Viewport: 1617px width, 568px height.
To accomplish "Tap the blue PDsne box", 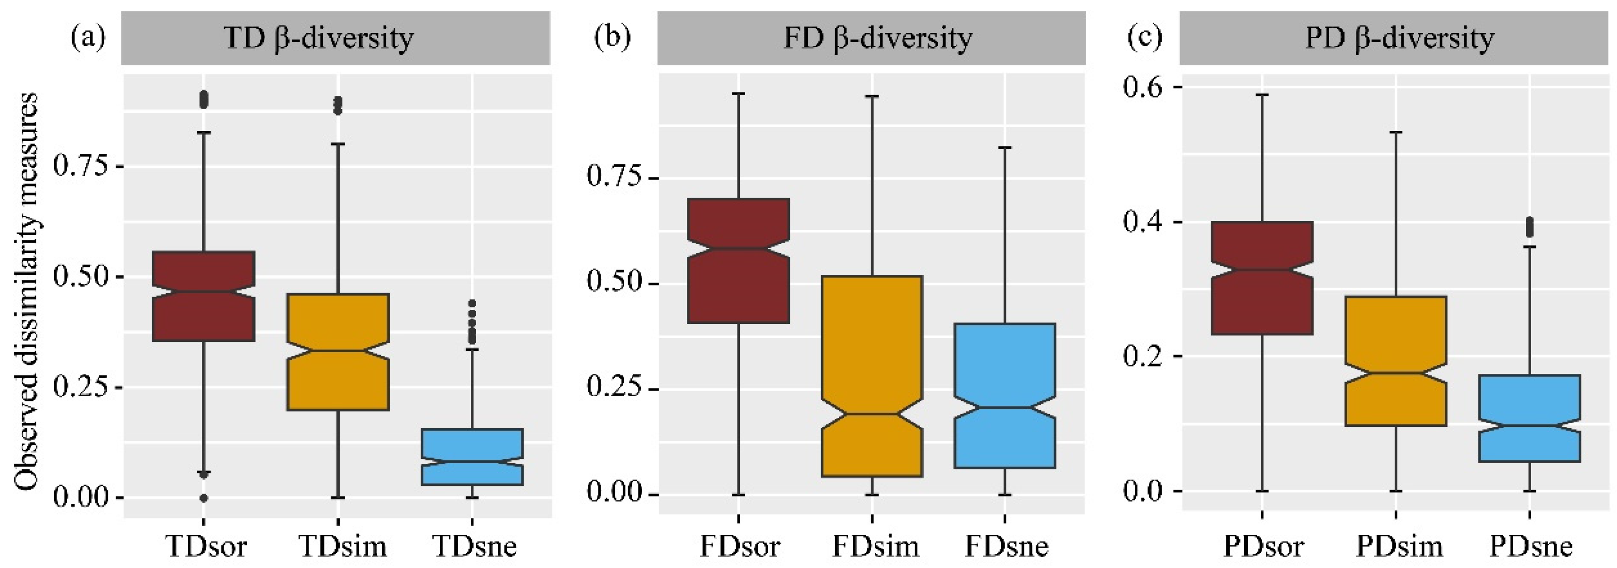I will [1529, 418].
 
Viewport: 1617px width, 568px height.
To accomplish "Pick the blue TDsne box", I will [472, 457].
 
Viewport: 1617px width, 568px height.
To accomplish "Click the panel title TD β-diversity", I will [319, 38].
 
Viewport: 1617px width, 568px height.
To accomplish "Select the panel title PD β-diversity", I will [1399, 38].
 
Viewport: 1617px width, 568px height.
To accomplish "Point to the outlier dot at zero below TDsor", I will [203, 498].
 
